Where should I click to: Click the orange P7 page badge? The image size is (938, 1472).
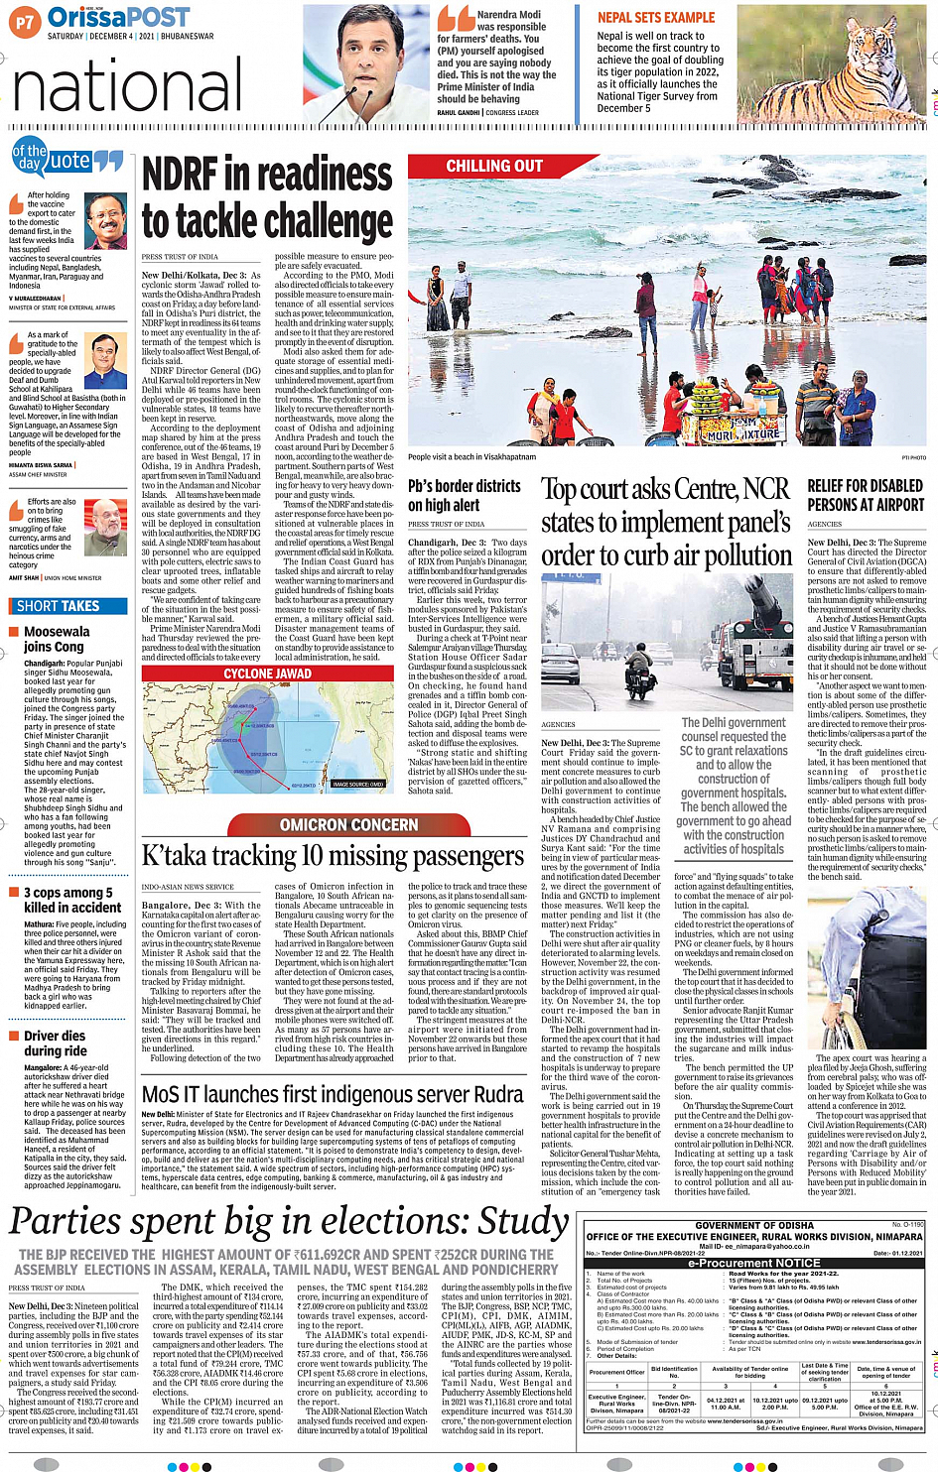[x=25, y=20]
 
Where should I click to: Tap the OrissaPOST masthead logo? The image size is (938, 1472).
[x=118, y=18]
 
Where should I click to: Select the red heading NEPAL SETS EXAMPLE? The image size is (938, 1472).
[x=655, y=18]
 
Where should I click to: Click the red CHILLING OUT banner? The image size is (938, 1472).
[x=494, y=167]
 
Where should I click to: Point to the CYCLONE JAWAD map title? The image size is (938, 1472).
[x=268, y=674]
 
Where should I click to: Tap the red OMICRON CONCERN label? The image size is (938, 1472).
[x=348, y=824]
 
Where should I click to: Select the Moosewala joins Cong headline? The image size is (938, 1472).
[x=57, y=639]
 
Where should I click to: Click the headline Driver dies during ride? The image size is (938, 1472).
[x=55, y=1043]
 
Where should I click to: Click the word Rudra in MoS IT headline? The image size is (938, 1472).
[x=493, y=1094]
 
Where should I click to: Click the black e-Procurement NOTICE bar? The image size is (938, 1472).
[x=754, y=1263]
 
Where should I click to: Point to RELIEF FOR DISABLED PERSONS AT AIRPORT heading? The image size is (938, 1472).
[x=865, y=495]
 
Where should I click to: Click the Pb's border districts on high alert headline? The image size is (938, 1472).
[x=465, y=495]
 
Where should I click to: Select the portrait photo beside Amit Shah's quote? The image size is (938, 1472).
[x=105, y=528]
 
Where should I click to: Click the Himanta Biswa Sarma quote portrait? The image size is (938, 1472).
[x=105, y=362]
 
